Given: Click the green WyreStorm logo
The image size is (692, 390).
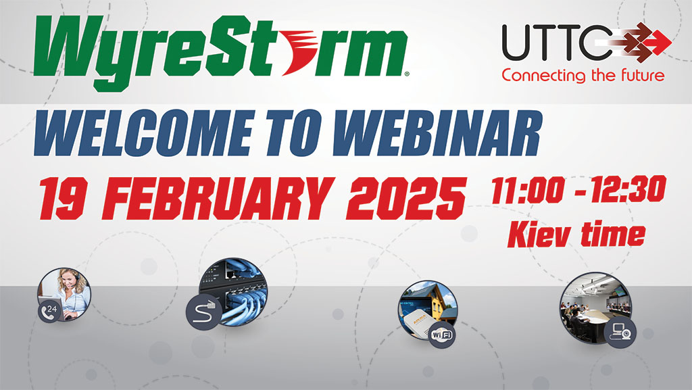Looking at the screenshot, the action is click(221, 53).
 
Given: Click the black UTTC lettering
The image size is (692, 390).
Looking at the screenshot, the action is click(557, 43).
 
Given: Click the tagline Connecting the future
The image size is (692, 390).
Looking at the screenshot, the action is click(583, 75).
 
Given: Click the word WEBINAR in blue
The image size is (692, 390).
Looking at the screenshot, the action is click(437, 132).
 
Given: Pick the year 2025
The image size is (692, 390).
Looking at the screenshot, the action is click(406, 199).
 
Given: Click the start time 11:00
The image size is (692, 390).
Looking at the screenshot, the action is click(528, 190).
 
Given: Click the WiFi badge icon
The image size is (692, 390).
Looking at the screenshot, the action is click(442, 335).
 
